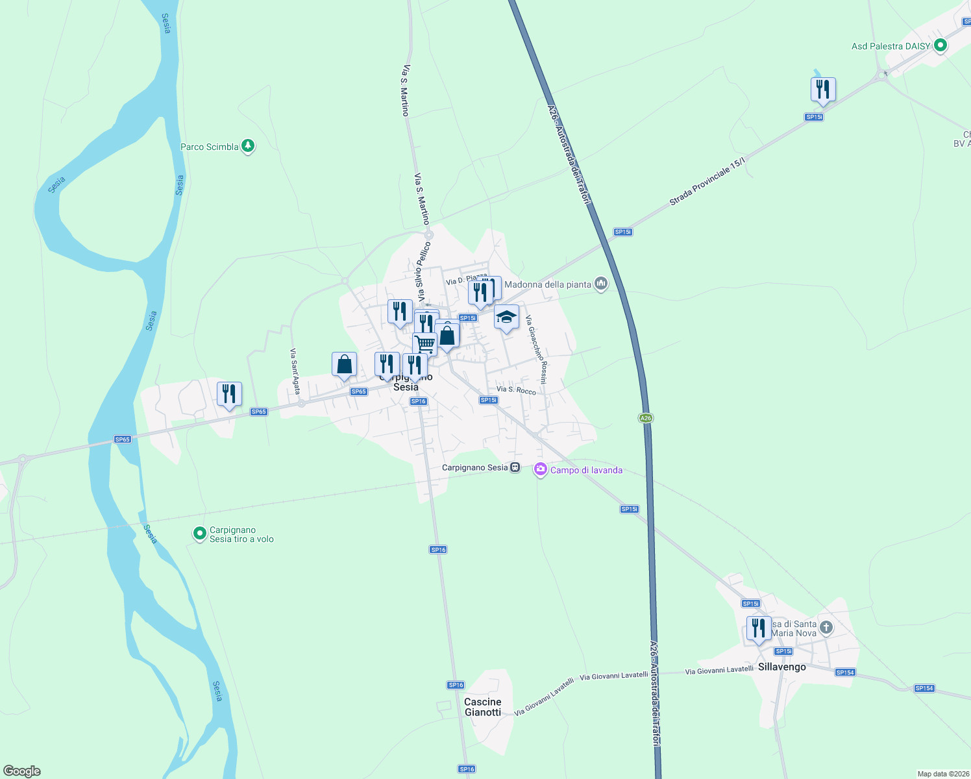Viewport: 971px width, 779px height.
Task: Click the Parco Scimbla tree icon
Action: (247, 146)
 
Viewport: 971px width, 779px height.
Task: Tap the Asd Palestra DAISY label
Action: (891, 46)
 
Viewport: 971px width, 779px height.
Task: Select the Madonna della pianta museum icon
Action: (601, 284)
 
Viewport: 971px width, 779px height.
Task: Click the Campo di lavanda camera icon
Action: (540, 469)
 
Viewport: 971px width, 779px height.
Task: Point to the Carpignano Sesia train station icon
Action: (515, 467)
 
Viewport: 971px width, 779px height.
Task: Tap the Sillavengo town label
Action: (781, 667)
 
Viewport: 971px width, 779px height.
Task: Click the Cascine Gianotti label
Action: (483, 707)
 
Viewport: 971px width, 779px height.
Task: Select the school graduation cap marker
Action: (506, 317)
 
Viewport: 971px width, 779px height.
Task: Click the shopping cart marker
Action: (424, 343)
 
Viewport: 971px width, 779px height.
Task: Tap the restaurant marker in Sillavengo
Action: (758, 628)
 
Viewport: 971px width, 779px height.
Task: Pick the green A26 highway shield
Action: (645, 418)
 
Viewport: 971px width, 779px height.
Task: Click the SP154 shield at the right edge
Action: (924, 688)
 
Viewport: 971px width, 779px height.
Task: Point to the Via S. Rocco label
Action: (516, 390)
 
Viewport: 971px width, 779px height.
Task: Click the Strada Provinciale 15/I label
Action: (707, 182)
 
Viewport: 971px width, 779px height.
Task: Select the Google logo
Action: (22, 771)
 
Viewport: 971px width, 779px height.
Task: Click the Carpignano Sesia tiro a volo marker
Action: (200, 534)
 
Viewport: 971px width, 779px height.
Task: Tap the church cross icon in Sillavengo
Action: (826, 627)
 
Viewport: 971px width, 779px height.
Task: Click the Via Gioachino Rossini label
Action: (536, 349)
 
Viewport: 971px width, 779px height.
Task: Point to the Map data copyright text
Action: (943, 774)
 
